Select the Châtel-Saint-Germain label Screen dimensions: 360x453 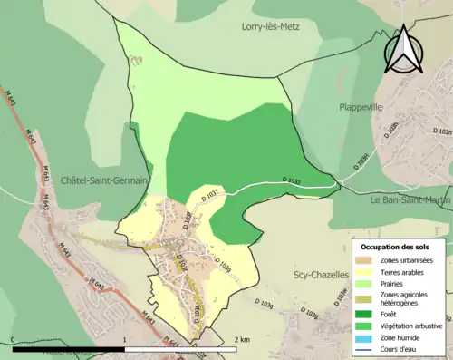point(104,180)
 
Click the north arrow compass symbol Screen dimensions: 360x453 point(400,52)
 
